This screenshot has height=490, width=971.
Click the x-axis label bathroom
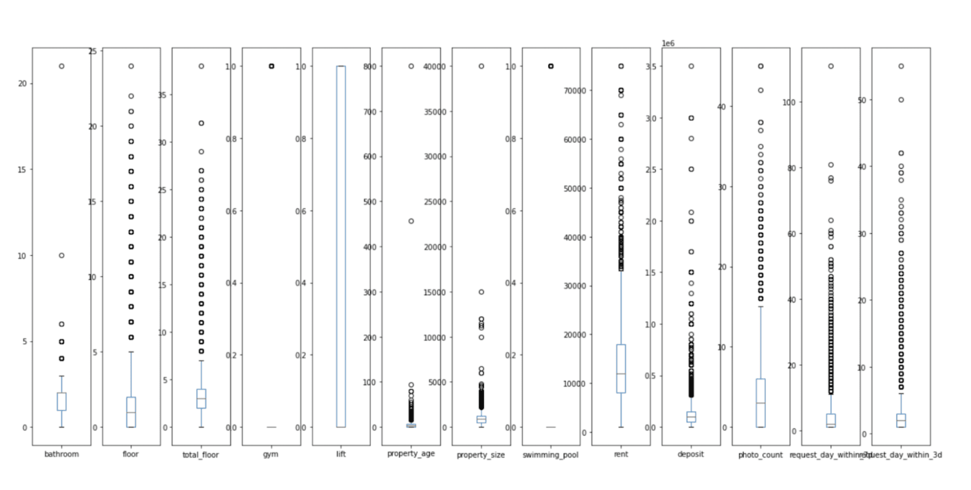(x=61, y=454)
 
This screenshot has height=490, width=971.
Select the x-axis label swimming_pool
(x=551, y=455)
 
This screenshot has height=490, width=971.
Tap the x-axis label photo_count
(x=760, y=455)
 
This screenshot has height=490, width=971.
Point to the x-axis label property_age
(x=411, y=453)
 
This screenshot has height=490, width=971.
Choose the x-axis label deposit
(x=690, y=454)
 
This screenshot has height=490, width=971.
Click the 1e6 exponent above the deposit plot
(x=668, y=44)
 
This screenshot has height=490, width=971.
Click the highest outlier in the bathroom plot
(x=62, y=66)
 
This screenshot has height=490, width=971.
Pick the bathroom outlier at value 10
(x=62, y=255)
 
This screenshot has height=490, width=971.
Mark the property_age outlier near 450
(x=411, y=221)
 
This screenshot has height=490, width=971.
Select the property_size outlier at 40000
(x=481, y=66)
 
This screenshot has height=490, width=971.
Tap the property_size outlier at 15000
(x=481, y=292)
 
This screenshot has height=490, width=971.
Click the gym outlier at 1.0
(x=272, y=66)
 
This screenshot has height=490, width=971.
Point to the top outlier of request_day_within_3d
(x=901, y=66)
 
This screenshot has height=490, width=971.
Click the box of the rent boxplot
(x=621, y=369)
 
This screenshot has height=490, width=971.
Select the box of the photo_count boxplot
(x=761, y=403)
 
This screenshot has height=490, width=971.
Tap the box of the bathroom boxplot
(x=62, y=401)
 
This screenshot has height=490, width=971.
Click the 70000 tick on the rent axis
(x=575, y=91)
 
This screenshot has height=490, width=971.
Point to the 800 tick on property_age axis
(x=370, y=67)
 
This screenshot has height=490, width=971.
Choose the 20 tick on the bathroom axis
(x=22, y=83)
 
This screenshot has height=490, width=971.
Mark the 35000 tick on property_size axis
(x=435, y=112)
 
